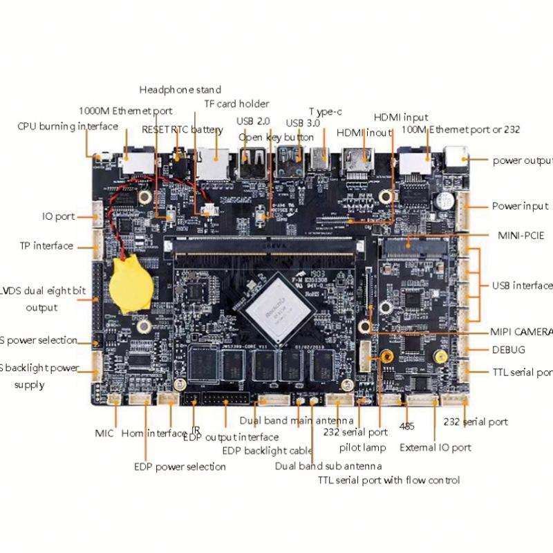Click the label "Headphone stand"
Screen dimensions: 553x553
[180, 90]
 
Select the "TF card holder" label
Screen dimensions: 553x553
[236, 104]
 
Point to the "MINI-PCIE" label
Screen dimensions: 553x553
[521, 236]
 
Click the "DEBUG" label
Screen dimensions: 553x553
[509, 350]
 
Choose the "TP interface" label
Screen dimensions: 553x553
[47, 246]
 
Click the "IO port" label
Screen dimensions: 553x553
[58, 216]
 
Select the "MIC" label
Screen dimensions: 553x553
[104, 433]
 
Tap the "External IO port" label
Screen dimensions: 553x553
[435, 447]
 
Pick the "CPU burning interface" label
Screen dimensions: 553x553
[68, 126]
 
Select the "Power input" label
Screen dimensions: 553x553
[520, 206]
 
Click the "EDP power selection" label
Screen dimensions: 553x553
[180, 467]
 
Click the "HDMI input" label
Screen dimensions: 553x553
[401, 118]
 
